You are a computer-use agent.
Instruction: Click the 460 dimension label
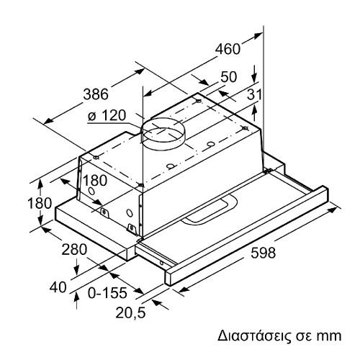tap(228, 49)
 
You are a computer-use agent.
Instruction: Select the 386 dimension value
tap(96, 94)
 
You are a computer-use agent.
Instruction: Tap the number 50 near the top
tap(229, 77)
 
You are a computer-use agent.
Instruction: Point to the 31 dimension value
tap(254, 94)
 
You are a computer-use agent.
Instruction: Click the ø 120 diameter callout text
tap(107, 115)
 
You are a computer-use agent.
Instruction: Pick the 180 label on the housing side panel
tap(95, 181)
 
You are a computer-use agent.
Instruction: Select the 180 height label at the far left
tap(40, 203)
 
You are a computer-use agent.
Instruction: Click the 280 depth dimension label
tap(74, 249)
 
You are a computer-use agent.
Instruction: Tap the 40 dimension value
tap(58, 287)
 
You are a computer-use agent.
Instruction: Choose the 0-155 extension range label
tap(107, 293)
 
